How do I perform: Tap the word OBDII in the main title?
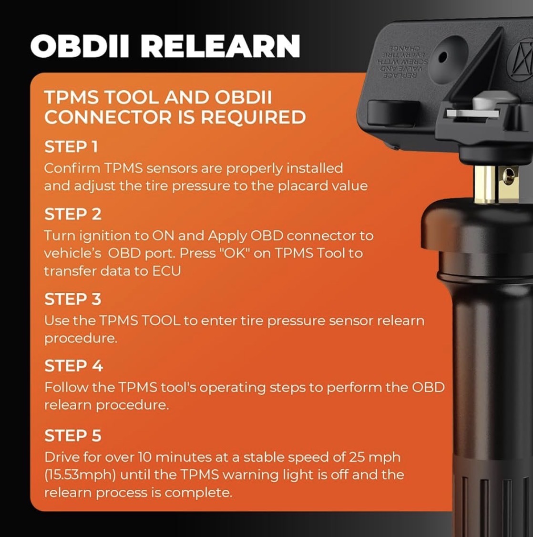[80, 46]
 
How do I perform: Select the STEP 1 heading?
[71, 147]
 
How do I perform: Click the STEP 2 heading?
[73, 215]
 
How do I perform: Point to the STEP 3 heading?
[73, 299]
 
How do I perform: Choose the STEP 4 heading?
[73, 366]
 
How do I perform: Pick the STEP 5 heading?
[73, 435]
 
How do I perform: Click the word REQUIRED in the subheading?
[253, 117]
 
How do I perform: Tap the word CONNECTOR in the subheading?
[108, 117]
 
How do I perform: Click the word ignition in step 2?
[105, 236]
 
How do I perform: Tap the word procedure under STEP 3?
[81, 338]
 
